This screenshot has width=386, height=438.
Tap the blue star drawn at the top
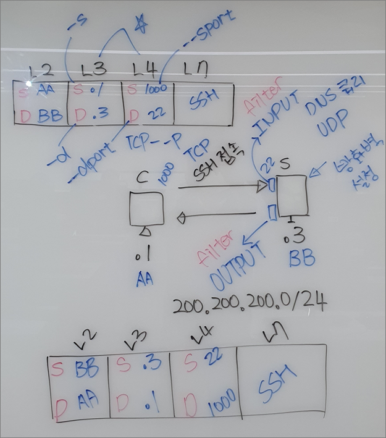pyautogui.click(x=141, y=23)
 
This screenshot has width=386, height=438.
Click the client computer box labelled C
pyautogui.click(x=147, y=209)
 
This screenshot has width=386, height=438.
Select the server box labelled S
pyautogui.click(x=291, y=195)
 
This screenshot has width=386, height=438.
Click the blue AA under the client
pyautogui.click(x=145, y=280)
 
